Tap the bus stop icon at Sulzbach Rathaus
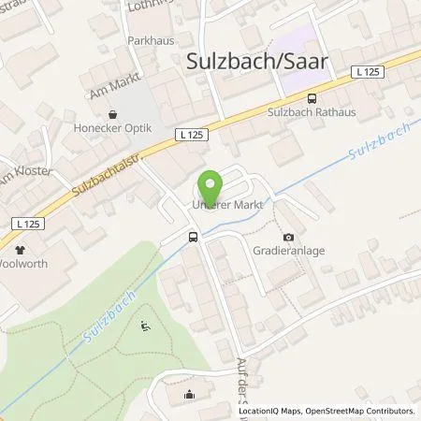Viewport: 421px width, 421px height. [x=312, y=97]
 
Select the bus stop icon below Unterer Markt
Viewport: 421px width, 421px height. [x=193, y=237]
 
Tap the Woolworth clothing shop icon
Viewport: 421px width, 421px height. [x=20, y=250]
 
